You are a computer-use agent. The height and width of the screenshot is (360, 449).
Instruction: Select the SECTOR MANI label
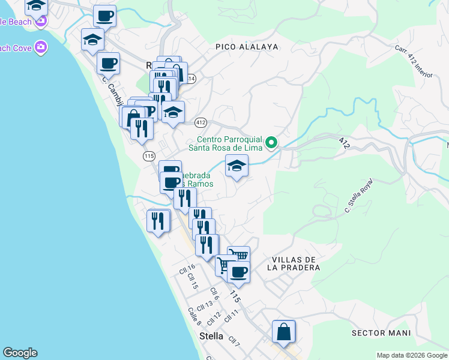click(x=381, y=332)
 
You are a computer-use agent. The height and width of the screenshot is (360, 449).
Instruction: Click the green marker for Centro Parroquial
click(x=271, y=142)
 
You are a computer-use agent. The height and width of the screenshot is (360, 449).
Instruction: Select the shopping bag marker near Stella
click(x=283, y=332)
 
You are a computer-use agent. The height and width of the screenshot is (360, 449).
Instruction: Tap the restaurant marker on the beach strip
click(x=158, y=221)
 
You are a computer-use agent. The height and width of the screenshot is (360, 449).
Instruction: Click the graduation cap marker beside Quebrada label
click(x=237, y=166)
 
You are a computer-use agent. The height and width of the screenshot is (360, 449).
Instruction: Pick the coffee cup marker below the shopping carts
click(x=238, y=272)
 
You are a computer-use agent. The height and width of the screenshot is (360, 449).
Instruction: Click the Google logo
click(x=20, y=352)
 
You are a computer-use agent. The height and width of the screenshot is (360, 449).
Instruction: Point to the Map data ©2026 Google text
click(x=412, y=355)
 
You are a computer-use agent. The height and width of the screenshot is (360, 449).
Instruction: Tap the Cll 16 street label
click(x=187, y=269)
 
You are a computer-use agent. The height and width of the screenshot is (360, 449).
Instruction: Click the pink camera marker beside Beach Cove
click(x=41, y=46)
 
